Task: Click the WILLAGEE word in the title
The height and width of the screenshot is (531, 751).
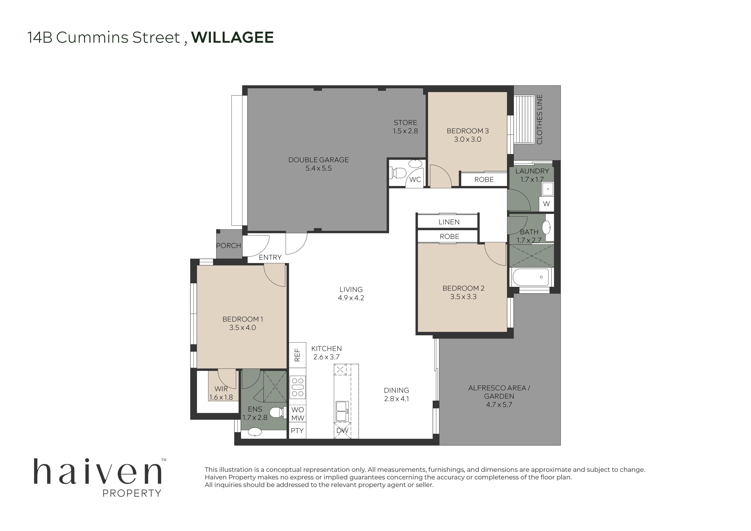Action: click(232, 37)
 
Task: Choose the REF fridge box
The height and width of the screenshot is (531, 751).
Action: click(297, 355)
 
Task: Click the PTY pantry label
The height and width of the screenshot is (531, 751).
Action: click(297, 430)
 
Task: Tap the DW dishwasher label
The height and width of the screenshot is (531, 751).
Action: click(342, 430)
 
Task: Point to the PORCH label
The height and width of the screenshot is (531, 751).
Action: click(229, 245)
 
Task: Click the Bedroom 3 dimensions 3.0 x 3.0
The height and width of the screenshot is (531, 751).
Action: click(467, 139)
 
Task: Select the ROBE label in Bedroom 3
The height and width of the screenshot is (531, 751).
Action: click(484, 180)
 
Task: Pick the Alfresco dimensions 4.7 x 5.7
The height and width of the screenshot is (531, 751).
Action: click(499, 405)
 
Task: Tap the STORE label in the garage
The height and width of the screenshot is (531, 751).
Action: click(405, 123)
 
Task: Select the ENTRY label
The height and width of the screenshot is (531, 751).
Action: click(270, 258)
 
